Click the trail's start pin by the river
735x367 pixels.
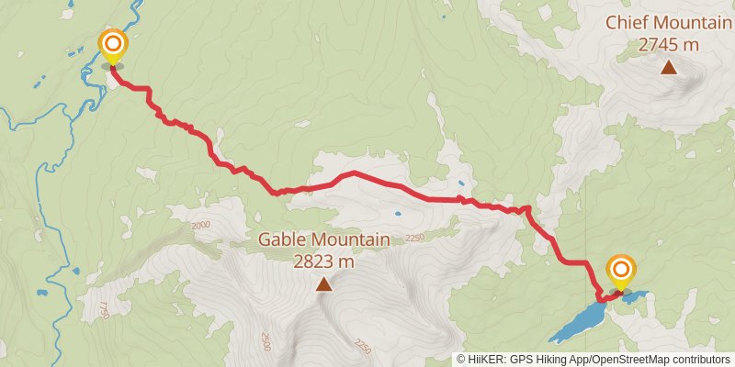(113, 46)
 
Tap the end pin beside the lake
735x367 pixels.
(621, 272)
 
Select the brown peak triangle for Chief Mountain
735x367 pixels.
(669, 67)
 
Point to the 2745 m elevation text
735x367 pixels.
(669, 43)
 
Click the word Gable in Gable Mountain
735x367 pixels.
(281, 239)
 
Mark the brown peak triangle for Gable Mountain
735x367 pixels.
(323, 285)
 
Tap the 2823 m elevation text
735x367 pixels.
(323, 261)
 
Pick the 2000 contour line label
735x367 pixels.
(202, 225)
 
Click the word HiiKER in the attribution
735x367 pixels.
(485, 360)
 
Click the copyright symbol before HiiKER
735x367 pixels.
(461, 360)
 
